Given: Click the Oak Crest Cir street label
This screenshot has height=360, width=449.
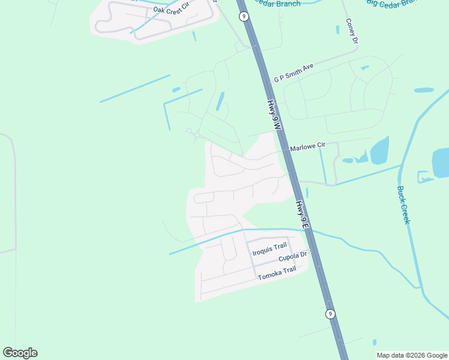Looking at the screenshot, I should tap(172, 10).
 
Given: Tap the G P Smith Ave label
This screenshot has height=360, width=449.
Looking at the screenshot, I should tap(294, 73).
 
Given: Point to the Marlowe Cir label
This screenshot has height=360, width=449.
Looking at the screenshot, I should tap(307, 146).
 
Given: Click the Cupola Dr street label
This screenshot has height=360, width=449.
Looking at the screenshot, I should tap(292, 257).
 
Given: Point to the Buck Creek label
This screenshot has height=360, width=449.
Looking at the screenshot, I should tap(404, 205).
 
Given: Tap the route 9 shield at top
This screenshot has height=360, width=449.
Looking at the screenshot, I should tap(244, 16).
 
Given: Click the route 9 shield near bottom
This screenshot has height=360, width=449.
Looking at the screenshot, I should tap(330, 314).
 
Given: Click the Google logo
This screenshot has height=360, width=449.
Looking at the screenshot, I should tap(20, 352).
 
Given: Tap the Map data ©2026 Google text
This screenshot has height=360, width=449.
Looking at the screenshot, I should tap(412, 355).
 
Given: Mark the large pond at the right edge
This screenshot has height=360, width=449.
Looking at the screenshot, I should tap(441, 163).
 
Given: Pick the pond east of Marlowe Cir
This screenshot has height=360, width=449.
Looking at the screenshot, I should tap(379, 150).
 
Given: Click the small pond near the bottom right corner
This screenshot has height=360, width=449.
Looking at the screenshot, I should tap(375, 342).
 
